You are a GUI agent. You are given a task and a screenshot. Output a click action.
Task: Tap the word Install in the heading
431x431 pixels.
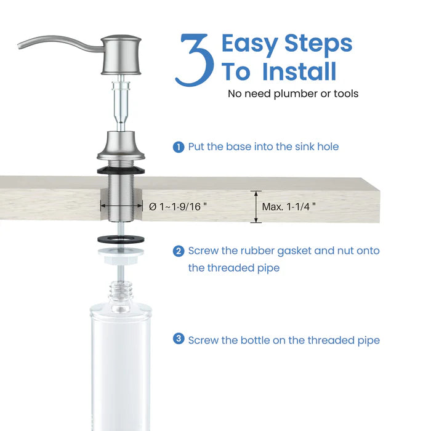tap(299, 71)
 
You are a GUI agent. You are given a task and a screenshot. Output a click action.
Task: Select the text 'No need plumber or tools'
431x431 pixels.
tap(293, 94)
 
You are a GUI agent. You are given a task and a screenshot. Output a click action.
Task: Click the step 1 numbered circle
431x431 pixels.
tap(178, 147)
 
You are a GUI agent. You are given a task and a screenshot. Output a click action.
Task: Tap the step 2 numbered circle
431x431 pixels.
tap(178, 251)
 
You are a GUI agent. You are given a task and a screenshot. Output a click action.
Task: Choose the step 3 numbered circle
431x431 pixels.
tap(178, 339)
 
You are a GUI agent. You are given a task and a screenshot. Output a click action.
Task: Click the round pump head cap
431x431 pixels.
tap(121, 47)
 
